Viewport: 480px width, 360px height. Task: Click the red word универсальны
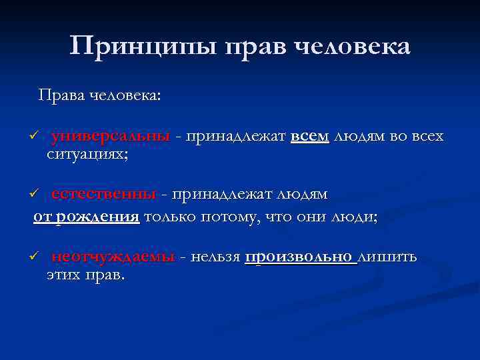click(x=111, y=137)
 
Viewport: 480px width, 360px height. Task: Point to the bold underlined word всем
click(x=310, y=137)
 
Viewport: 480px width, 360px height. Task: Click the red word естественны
click(x=103, y=194)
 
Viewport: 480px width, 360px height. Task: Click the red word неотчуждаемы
click(x=113, y=257)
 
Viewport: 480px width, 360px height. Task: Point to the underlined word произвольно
click(x=301, y=257)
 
